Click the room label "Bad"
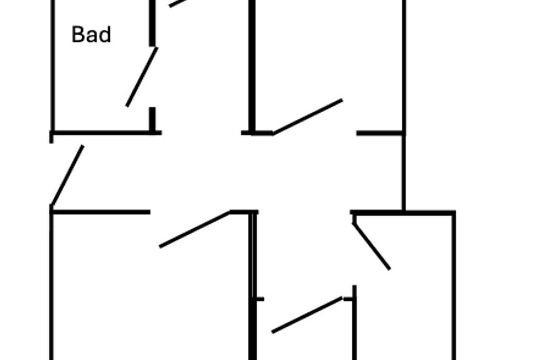(x=91, y=35)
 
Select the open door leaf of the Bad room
(x=142, y=77)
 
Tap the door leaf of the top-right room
(x=308, y=117)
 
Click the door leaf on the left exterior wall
(x=67, y=176)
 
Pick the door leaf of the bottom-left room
(x=194, y=229)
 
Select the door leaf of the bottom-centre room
(x=307, y=315)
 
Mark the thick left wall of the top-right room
(x=252, y=67)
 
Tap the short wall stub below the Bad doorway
(x=153, y=119)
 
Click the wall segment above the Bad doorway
(x=153, y=22)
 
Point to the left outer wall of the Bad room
(x=53, y=67)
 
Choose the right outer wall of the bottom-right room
(x=454, y=288)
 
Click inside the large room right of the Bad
(x=328, y=54)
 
